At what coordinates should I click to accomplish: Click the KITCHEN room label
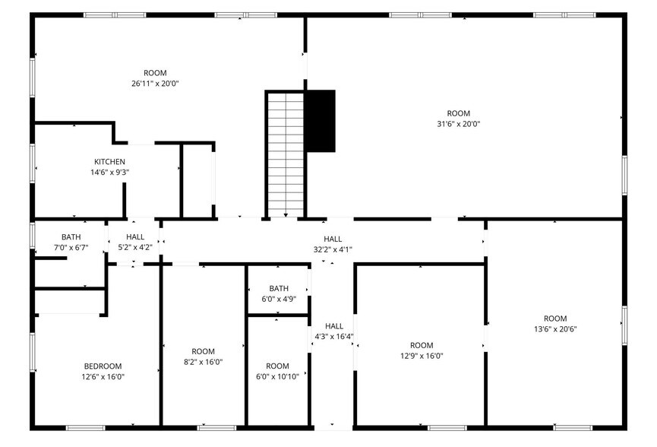click(x=109, y=162)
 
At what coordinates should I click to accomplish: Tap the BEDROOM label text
click(x=102, y=366)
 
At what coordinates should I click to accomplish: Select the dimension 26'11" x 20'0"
click(x=155, y=84)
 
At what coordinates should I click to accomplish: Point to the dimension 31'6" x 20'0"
click(x=458, y=124)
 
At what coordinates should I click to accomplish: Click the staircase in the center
click(x=285, y=152)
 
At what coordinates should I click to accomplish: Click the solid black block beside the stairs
click(x=320, y=121)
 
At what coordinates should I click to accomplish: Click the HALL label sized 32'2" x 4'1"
click(x=333, y=249)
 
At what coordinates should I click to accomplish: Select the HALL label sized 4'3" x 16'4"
click(x=334, y=336)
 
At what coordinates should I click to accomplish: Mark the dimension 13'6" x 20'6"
click(x=555, y=329)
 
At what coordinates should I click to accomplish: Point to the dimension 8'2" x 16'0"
click(x=203, y=362)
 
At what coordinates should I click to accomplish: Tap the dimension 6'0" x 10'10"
click(x=278, y=376)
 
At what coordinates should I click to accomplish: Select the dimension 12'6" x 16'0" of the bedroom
click(x=102, y=376)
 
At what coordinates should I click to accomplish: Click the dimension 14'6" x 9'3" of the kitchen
click(x=109, y=172)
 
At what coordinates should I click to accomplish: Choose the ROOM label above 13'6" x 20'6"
click(x=555, y=319)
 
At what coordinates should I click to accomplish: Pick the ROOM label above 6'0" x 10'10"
click(x=278, y=366)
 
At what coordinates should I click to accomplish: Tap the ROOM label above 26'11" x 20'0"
click(x=155, y=73)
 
